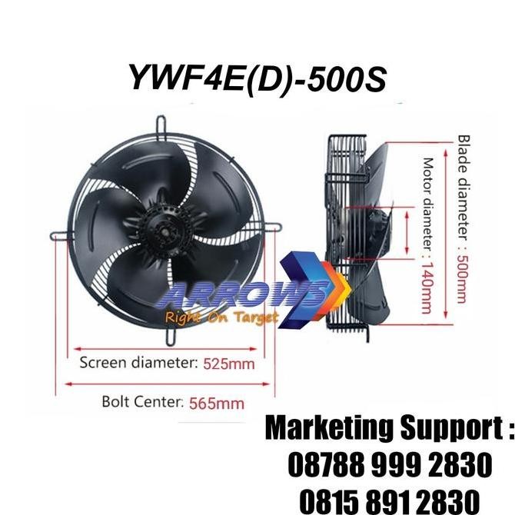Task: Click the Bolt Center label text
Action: coord(142,401)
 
